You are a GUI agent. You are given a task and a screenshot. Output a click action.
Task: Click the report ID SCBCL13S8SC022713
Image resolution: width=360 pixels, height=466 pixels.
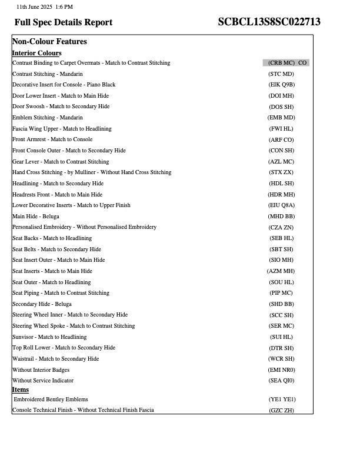point(269,22)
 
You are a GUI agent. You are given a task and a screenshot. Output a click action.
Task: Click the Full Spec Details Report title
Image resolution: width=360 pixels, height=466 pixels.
point(64,22)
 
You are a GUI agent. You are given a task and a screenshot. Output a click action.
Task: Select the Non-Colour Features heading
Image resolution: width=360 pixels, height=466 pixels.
point(49,42)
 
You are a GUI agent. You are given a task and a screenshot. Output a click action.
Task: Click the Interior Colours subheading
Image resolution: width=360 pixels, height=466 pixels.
point(36,53)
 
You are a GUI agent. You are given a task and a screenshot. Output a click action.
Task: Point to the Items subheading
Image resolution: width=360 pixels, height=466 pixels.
point(21,390)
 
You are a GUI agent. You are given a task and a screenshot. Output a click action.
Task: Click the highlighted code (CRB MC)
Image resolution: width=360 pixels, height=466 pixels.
point(281,63)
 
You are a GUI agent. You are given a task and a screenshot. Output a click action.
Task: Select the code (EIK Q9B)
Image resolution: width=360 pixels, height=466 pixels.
point(281,85)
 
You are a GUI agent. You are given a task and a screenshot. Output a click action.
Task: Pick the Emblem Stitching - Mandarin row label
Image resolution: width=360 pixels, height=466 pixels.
point(48,118)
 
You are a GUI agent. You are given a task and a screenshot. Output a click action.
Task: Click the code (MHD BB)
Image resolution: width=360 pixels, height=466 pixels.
point(281,217)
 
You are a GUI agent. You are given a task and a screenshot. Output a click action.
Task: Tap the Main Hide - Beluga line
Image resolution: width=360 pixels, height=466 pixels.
point(36,217)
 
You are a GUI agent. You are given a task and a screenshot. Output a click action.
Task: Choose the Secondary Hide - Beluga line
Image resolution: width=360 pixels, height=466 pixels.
point(42,304)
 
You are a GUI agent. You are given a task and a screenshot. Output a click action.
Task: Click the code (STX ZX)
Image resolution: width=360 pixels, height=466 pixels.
point(281,172)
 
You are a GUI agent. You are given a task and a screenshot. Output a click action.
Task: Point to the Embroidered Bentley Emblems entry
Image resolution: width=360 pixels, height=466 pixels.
point(51,400)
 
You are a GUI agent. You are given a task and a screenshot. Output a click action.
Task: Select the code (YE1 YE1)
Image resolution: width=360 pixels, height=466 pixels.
point(281,400)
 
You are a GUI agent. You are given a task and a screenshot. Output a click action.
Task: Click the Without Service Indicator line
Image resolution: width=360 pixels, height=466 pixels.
point(43,381)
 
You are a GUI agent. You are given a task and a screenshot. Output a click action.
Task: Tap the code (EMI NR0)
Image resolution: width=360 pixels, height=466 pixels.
point(281,370)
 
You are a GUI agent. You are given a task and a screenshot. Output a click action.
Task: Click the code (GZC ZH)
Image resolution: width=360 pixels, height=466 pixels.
point(281,411)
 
